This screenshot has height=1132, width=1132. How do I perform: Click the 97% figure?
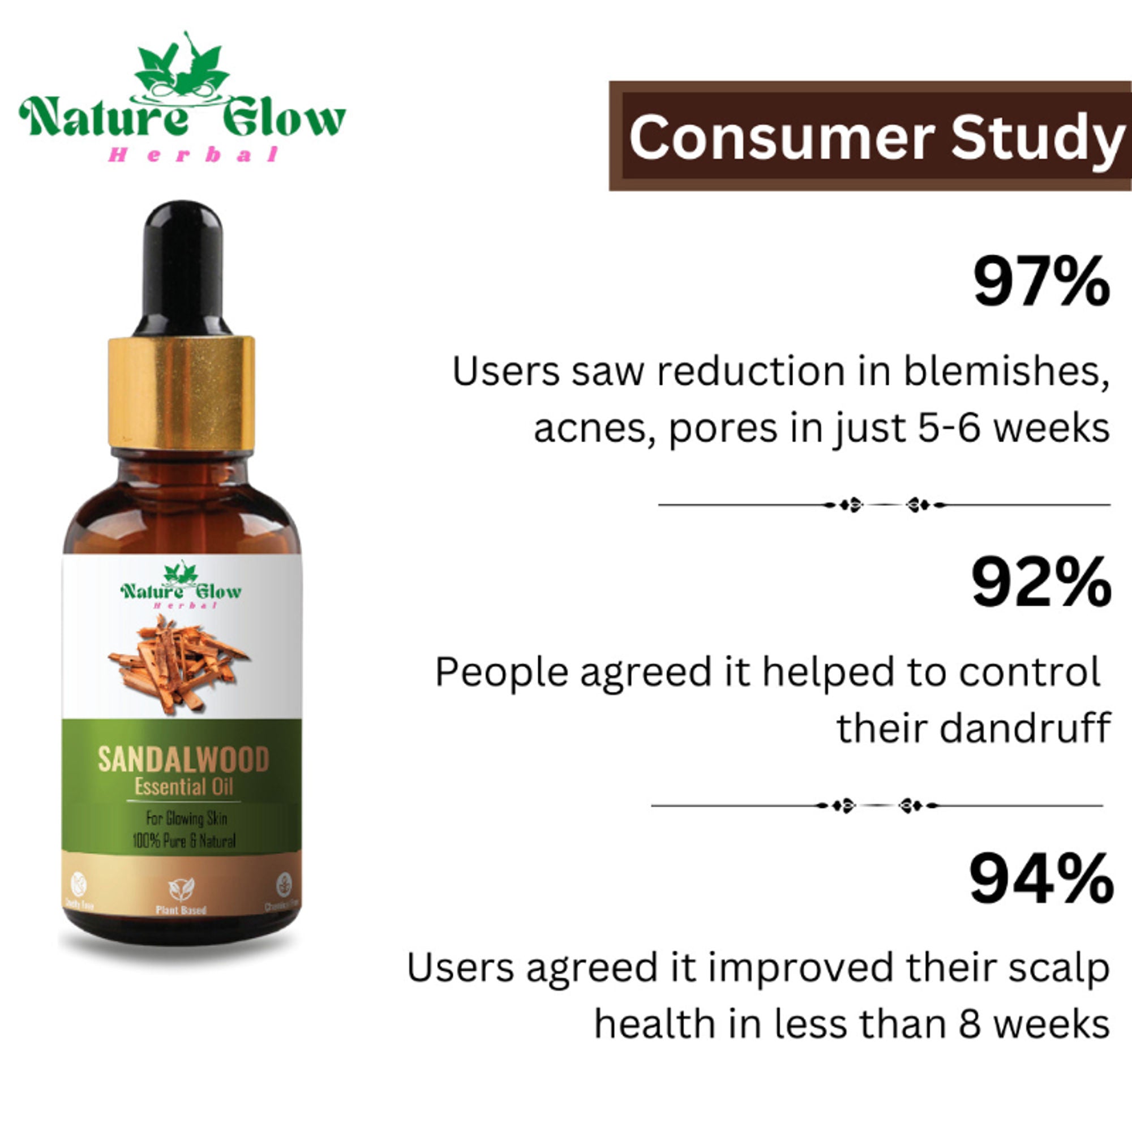pos(1042,283)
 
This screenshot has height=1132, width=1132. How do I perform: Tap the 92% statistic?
pos(1042,584)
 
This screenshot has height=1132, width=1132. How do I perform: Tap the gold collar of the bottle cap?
pos(181,393)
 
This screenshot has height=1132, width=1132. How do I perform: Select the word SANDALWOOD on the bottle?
pos(183,760)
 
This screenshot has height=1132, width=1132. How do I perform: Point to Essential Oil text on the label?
pos(184,787)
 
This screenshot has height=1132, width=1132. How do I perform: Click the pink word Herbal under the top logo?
pos(193,155)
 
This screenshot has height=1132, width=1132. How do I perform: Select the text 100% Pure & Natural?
pos(183,842)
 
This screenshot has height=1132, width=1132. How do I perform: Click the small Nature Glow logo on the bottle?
pos(181,586)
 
